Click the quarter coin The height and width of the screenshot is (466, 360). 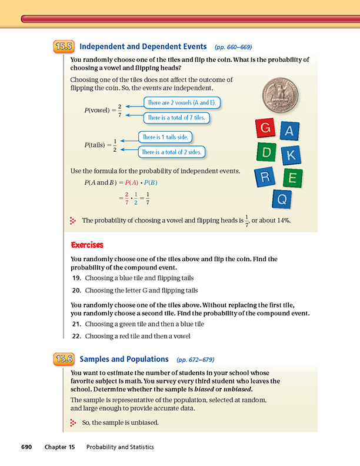pyautogui.click(x=279, y=93)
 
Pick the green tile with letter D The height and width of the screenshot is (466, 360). pyautogui.click(x=267, y=152)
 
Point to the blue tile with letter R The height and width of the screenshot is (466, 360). pyautogui.click(x=266, y=177)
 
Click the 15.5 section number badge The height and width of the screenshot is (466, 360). pyautogui.click(x=64, y=46)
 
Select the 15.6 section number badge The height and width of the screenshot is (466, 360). pyautogui.click(x=64, y=358)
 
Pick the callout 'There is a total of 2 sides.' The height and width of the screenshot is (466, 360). pyautogui.click(x=171, y=152)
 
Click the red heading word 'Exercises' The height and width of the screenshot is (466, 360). pyautogui.click(x=87, y=244)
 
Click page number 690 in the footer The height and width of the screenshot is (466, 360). pyautogui.click(x=29, y=447)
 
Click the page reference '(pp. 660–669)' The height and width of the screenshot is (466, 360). pyautogui.click(x=234, y=46)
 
